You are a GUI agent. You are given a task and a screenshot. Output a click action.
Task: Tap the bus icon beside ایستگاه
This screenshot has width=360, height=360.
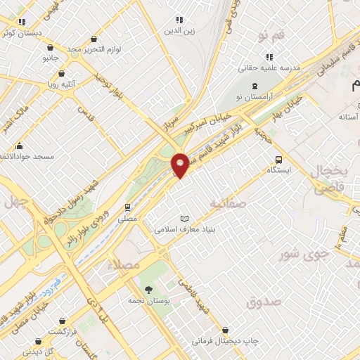click(x=279, y=159)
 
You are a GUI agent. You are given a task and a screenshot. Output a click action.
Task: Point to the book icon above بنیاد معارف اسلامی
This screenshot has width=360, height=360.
click(x=185, y=218)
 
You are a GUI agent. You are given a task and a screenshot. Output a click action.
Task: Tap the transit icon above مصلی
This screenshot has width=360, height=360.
click(x=127, y=207)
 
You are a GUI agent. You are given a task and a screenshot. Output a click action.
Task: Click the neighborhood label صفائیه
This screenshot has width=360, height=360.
click(x=226, y=203)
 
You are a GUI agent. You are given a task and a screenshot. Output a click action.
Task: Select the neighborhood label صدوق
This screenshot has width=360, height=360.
click(x=264, y=302)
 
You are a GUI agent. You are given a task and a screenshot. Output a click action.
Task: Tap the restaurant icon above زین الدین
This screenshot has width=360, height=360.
click(x=179, y=20)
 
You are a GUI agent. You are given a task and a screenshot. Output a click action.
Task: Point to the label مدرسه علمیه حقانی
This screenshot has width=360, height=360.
click(x=290, y=68)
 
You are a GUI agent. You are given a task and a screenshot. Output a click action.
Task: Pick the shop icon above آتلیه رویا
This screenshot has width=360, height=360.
click(x=62, y=72)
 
